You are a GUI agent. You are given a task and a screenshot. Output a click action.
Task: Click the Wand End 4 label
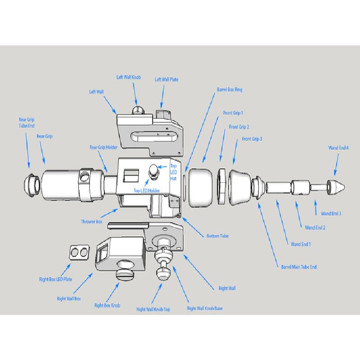[338, 148]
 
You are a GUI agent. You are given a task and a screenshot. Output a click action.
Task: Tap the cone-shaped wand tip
[337, 186]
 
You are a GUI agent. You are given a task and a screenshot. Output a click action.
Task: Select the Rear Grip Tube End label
[27, 122]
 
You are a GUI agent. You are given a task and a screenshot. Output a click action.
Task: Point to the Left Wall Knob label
[129, 77]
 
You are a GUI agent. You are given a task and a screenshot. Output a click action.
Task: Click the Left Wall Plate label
[166, 80]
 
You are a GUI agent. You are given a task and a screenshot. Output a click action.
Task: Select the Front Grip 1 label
[233, 113]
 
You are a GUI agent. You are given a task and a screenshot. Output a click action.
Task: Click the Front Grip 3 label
[252, 139]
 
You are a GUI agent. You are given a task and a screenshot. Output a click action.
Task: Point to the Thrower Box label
[91, 222]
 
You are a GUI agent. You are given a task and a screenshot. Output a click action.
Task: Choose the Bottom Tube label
[217, 236]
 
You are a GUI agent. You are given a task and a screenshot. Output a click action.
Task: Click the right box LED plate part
[80, 253]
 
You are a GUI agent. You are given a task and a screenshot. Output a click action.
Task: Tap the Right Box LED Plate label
[55, 279]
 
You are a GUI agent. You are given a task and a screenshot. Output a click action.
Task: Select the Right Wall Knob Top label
[153, 310]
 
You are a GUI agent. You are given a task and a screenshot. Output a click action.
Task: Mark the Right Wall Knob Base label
[205, 309]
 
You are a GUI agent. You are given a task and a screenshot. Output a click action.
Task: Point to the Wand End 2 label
[315, 228]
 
